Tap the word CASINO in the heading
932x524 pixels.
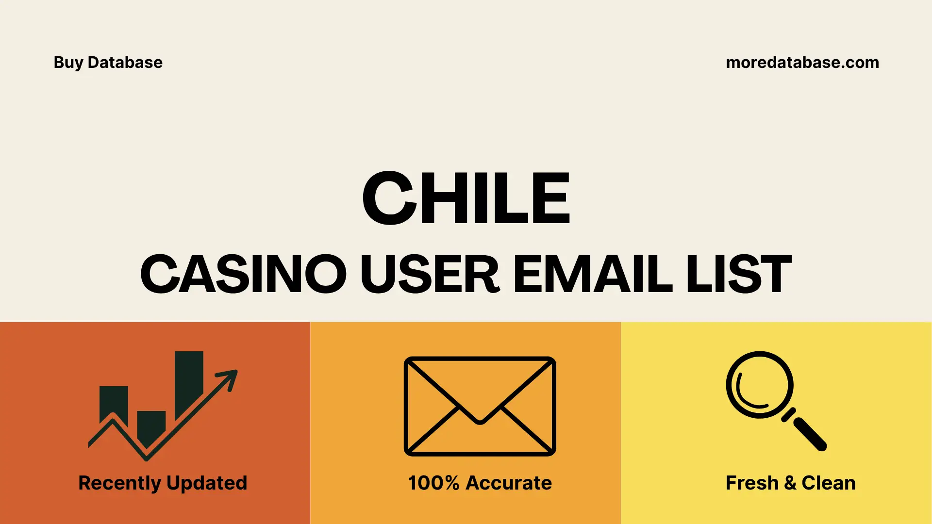(243, 274)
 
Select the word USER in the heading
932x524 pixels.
(430, 274)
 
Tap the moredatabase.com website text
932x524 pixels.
(802, 63)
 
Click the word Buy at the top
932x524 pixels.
(68, 63)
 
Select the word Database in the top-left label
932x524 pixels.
(125, 63)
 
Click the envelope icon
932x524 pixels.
(480, 406)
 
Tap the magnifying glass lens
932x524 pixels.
(759, 385)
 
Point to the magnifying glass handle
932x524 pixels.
(809, 434)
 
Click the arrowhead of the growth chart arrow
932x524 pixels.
(229, 378)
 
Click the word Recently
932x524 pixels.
(119, 483)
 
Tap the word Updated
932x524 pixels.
(207, 483)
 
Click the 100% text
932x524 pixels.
(433, 483)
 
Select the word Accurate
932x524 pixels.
(509, 483)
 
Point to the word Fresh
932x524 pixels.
(752, 483)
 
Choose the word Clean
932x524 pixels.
(828, 483)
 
